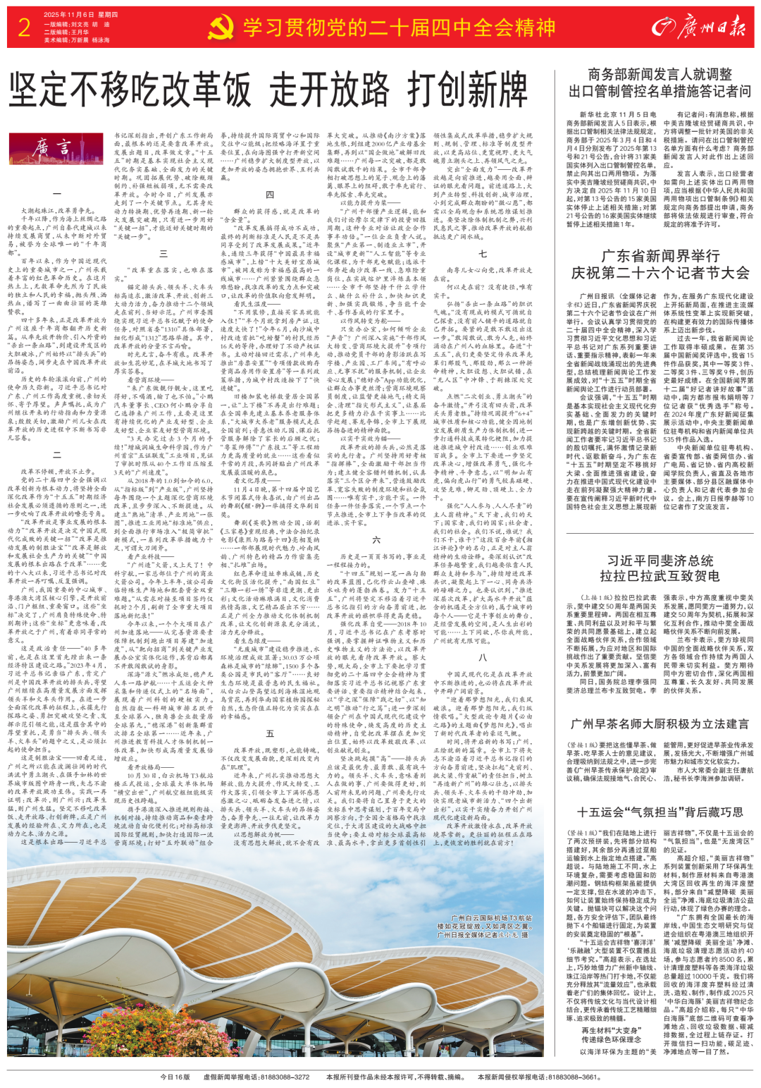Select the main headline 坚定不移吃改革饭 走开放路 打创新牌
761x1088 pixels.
pyautogui.click(x=268, y=91)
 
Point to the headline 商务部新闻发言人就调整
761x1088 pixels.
pyautogui.click(x=660, y=75)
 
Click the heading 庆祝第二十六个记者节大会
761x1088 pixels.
pyautogui.click(x=660, y=273)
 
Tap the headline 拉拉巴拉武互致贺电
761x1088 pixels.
pyautogui.click(x=660, y=576)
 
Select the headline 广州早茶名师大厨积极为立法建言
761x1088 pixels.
pyautogui.click(x=660, y=724)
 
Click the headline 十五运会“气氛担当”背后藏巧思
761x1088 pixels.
pyautogui.click(x=660, y=812)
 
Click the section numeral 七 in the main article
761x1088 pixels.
pyautogui.click(x=483, y=254)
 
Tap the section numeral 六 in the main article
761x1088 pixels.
pyautogui.click(x=376, y=540)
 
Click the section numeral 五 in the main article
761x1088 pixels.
pyautogui.click(x=269, y=733)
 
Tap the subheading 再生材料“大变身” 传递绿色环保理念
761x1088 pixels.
pyautogui.click(x=610, y=1035)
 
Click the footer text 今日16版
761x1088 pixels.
pyautogui.click(x=175, y=1077)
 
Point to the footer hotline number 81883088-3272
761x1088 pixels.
pyautogui.click(x=285, y=1077)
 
